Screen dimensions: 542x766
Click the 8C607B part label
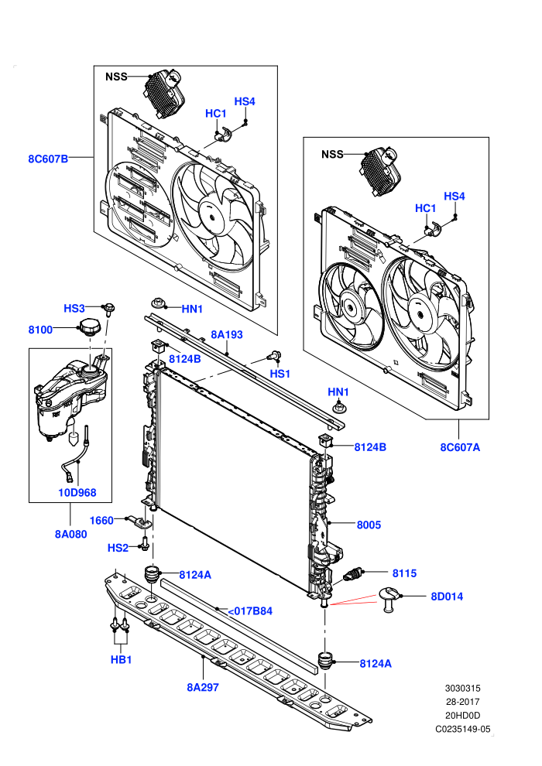click(x=48, y=159)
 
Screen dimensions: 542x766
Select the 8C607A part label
click(x=460, y=447)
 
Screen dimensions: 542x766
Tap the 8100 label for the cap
click(x=40, y=330)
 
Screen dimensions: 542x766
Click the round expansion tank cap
click(x=91, y=327)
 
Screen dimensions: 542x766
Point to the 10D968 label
click(x=77, y=492)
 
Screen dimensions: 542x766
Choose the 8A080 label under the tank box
click(x=71, y=534)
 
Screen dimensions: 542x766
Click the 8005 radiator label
click(x=369, y=525)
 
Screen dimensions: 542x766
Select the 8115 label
click(x=405, y=573)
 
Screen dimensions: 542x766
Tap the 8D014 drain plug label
click(x=447, y=596)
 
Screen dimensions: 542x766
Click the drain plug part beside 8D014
click(x=389, y=599)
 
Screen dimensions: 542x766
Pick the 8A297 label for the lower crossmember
click(x=203, y=687)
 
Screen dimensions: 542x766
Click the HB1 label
click(x=122, y=659)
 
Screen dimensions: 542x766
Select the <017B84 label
click(x=250, y=610)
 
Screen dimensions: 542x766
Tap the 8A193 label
click(x=227, y=334)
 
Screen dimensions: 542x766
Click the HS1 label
click(x=280, y=374)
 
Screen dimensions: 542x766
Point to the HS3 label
click(x=74, y=308)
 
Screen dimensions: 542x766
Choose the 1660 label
click(x=101, y=520)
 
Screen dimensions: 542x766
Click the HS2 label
click(x=118, y=548)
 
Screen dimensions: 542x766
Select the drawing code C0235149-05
click(x=463, y=730)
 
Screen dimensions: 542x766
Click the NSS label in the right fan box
click(x=332, y=155)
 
